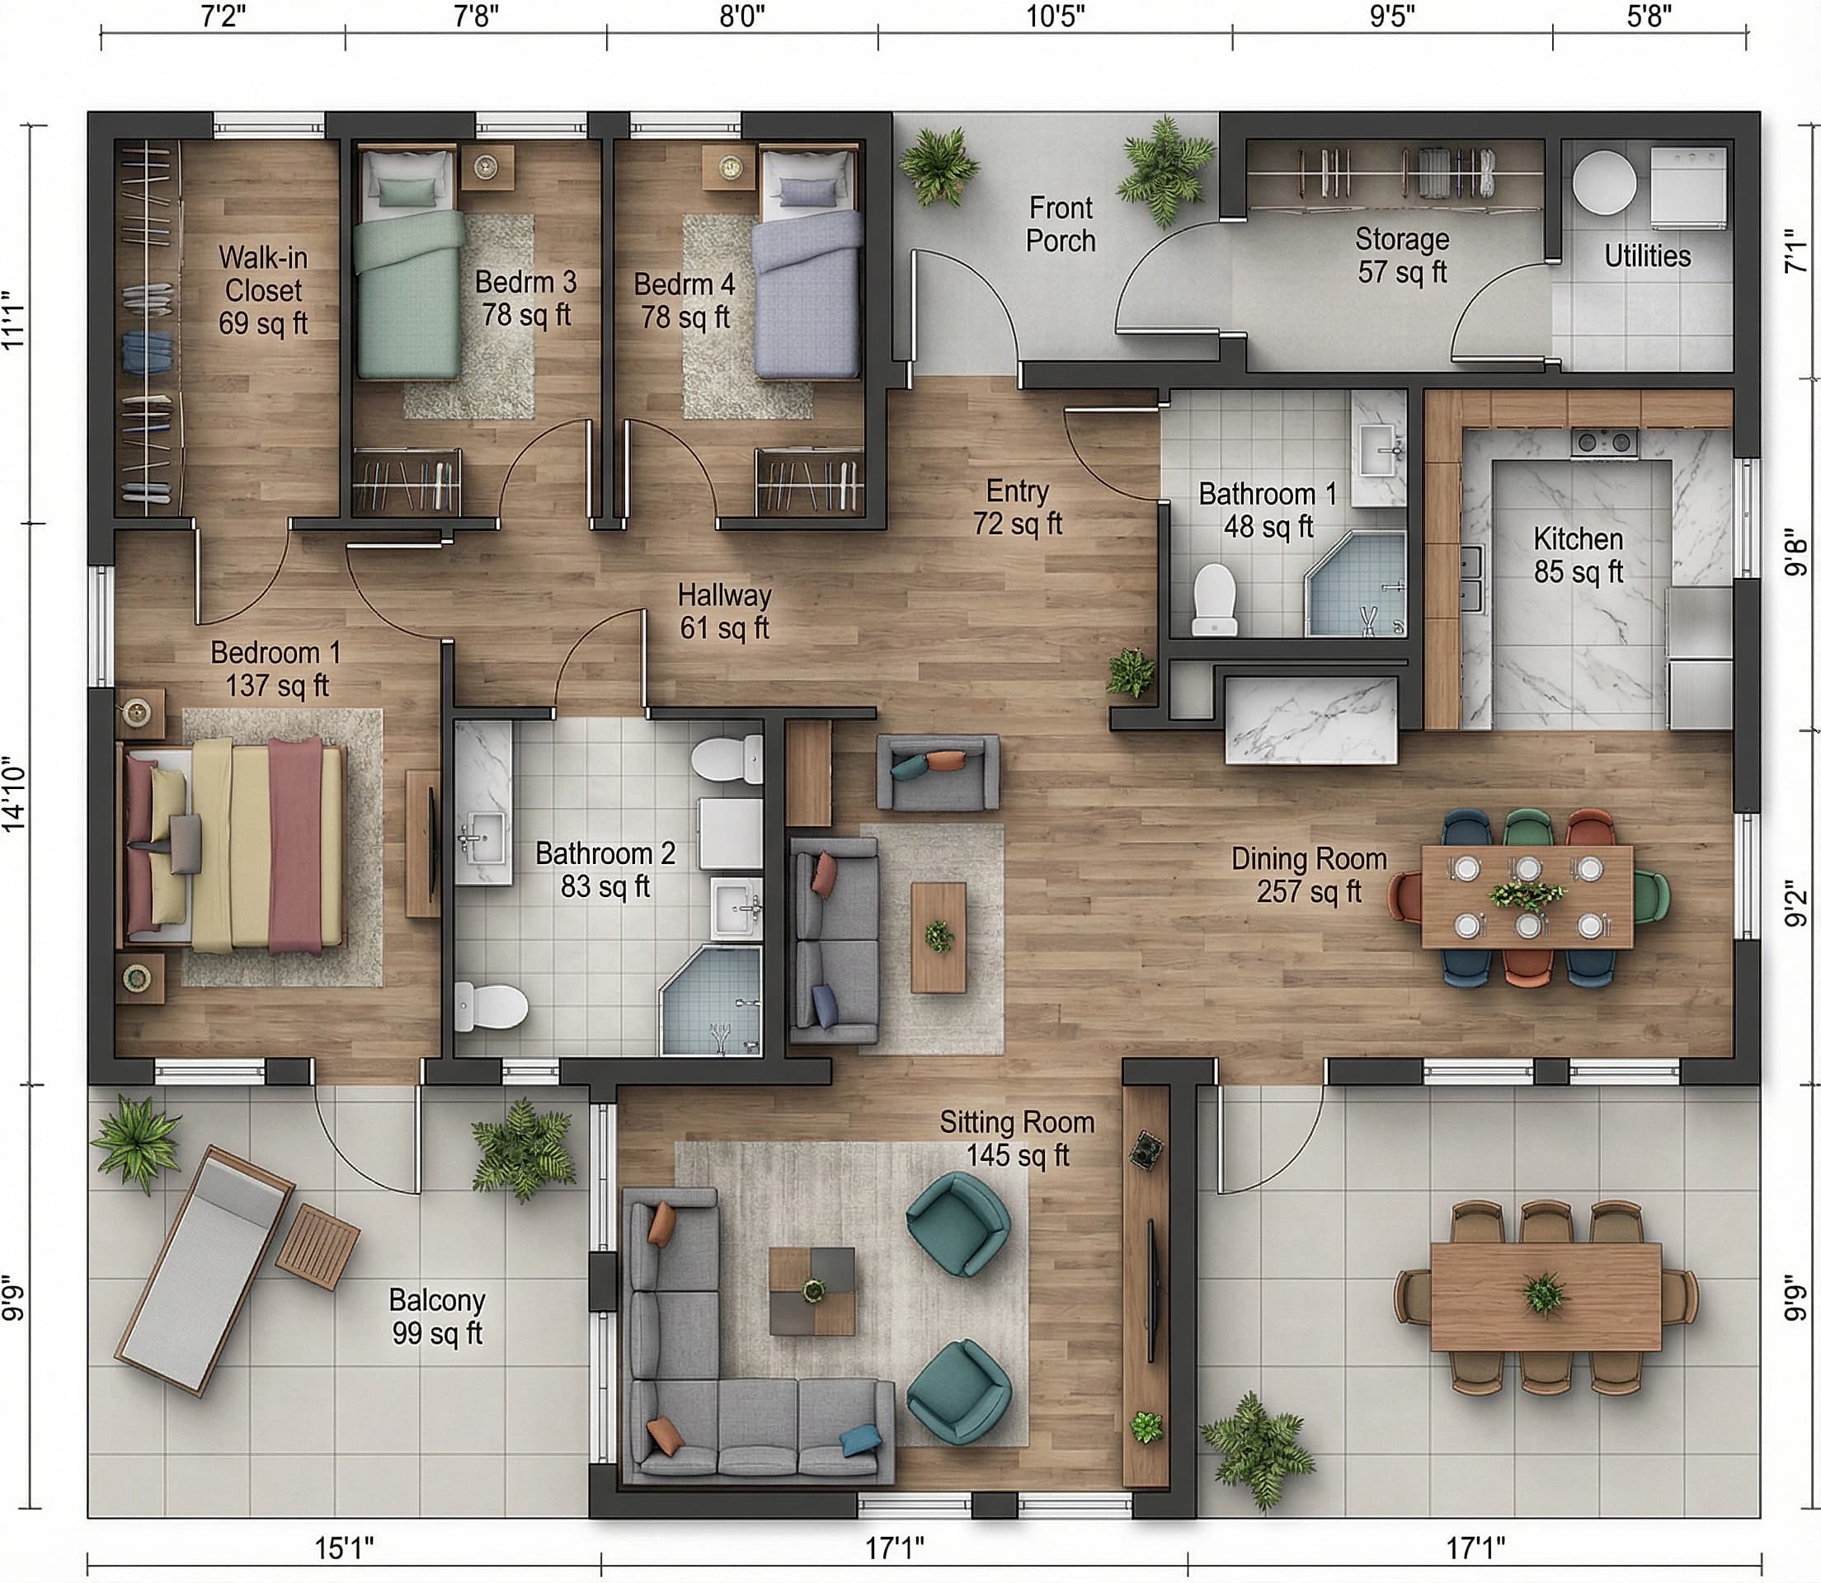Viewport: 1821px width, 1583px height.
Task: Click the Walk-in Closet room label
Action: point(262,289)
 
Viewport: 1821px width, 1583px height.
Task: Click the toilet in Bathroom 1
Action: point(1215,599)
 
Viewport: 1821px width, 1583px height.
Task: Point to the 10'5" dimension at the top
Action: point(1055,16)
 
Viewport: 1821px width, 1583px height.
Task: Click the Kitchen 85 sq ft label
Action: point(1578,555)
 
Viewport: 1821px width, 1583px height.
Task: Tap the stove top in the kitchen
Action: point(1603,442)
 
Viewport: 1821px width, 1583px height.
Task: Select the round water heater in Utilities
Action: point(1603,181)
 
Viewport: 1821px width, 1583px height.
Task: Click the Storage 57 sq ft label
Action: point(1402,256)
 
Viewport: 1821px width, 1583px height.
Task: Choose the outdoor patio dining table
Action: point(1546,1296)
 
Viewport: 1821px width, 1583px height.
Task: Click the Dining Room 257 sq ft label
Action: point(1309,875)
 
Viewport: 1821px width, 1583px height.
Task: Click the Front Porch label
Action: point(1061,224)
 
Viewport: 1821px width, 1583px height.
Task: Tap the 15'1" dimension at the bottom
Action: point(345,1548)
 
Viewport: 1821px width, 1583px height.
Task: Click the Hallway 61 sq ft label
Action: point(724,611)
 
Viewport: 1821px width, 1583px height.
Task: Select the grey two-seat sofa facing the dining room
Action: point(938,772)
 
